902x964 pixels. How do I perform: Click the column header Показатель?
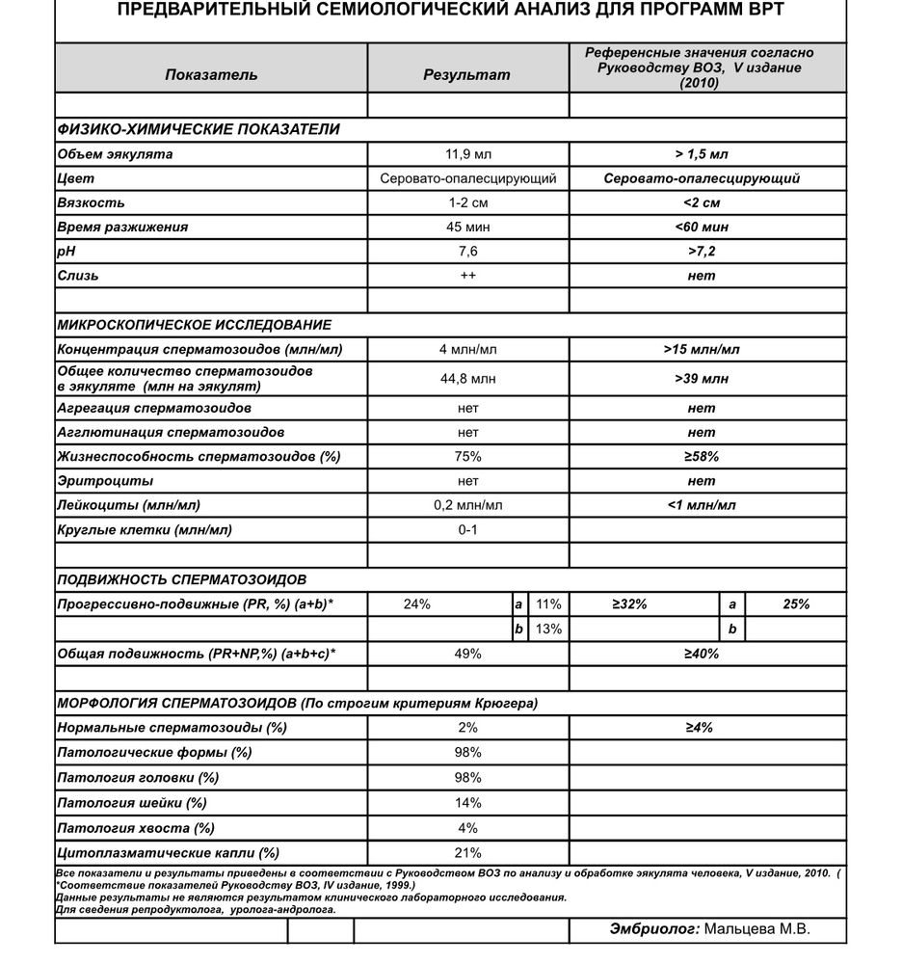tap(211, 74)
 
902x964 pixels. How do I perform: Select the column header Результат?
tap(467, 74)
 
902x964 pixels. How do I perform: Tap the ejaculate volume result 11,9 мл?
tap(468, 154)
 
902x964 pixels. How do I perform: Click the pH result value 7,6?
tap(468, 252)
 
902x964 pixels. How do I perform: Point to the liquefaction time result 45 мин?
tap(468, 228)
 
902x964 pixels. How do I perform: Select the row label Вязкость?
tap(92, 203)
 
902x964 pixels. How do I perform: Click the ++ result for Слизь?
tap(468, 276)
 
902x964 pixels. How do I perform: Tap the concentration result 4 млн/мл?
tap(468, 349)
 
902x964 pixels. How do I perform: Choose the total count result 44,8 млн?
tap(468, 379)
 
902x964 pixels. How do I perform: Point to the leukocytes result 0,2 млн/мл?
tap(468, 505)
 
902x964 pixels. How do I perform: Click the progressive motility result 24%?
tap(417, 604)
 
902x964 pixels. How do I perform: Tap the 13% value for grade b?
tap(547, 629)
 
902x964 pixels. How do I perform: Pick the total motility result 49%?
tap(468, 655)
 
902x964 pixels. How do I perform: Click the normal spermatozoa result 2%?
tap(468, 728)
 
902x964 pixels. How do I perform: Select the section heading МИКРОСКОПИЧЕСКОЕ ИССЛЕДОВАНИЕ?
tap(195, 325)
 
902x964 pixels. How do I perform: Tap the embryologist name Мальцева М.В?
tap(756, 929)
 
